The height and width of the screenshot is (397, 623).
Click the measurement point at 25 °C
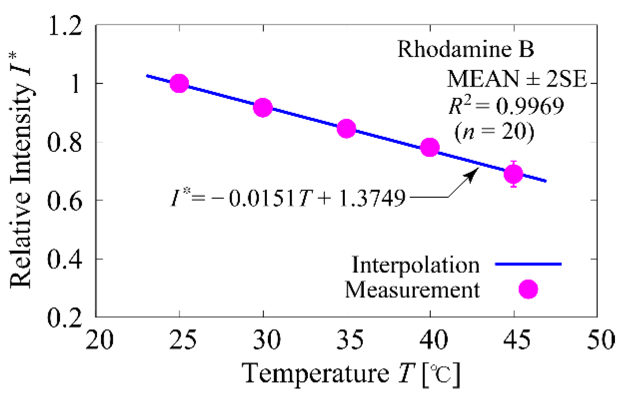pos(179,84)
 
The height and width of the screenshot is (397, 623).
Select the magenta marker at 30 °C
pos(263,108)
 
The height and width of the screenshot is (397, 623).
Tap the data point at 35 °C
pos(346,129)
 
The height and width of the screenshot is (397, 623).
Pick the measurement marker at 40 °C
pos(430,148)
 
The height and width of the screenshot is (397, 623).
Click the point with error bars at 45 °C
pos(514,174)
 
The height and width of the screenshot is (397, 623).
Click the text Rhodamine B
pos(466,49)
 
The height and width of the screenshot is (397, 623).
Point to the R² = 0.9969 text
pos(506,106)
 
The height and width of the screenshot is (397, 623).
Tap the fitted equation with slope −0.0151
pos(288,198)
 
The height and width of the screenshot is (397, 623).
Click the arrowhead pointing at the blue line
pos(473,174)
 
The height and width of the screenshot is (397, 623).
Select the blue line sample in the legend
pos(528,264)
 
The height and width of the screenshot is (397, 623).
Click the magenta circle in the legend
pos(528,289)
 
